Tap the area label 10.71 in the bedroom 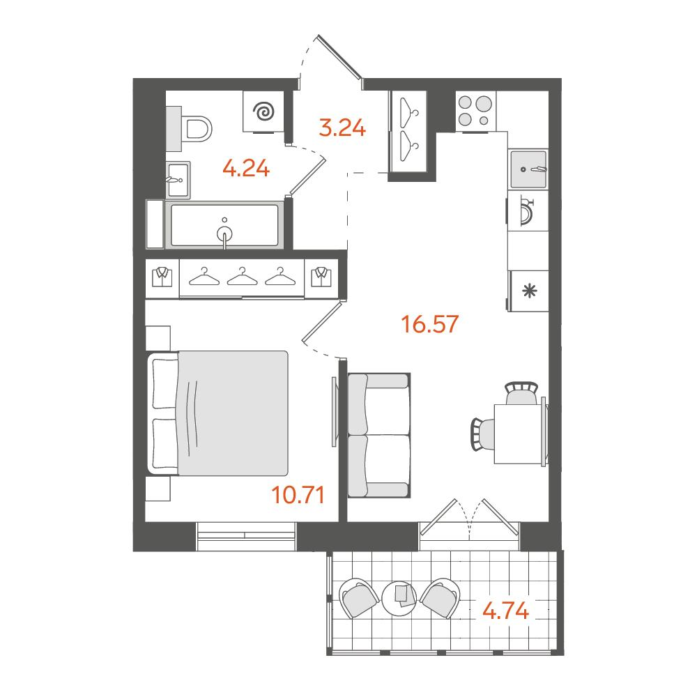(298, 494)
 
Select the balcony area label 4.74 (506, 611)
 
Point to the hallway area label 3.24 (342, 128)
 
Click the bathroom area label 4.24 (246, 169)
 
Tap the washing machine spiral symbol (263, 112)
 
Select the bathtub (225, 225)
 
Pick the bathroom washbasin (178, 180)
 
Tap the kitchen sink (528, 169)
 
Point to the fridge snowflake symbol (530, 291)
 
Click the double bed (217, 413)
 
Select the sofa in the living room (378, 435)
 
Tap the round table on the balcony (399, 598)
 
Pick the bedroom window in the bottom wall (246, 537)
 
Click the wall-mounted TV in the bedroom (334, 411)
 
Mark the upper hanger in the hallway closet (408, 107)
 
